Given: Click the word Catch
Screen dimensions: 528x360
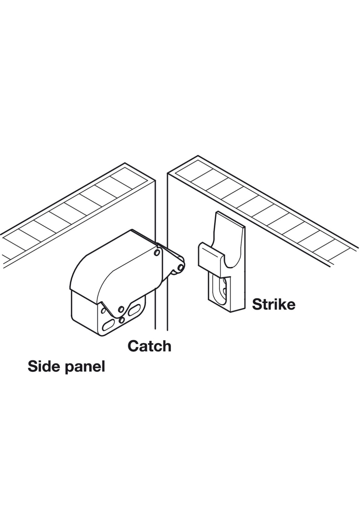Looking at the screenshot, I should (149, 346).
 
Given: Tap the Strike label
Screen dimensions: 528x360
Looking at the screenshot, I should (274, 304).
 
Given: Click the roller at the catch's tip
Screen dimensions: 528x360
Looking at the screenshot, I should (181, 267).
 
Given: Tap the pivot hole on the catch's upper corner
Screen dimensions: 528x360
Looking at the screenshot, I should (157, 253).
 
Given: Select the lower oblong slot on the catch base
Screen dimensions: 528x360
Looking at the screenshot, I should (108, 325).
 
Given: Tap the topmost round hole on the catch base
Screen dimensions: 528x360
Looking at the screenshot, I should (121, 309).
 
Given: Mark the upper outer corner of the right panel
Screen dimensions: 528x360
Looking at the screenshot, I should (198, 156).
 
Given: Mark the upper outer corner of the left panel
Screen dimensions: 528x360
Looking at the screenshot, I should (125, 163).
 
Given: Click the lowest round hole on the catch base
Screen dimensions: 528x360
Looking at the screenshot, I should (121, 320).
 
